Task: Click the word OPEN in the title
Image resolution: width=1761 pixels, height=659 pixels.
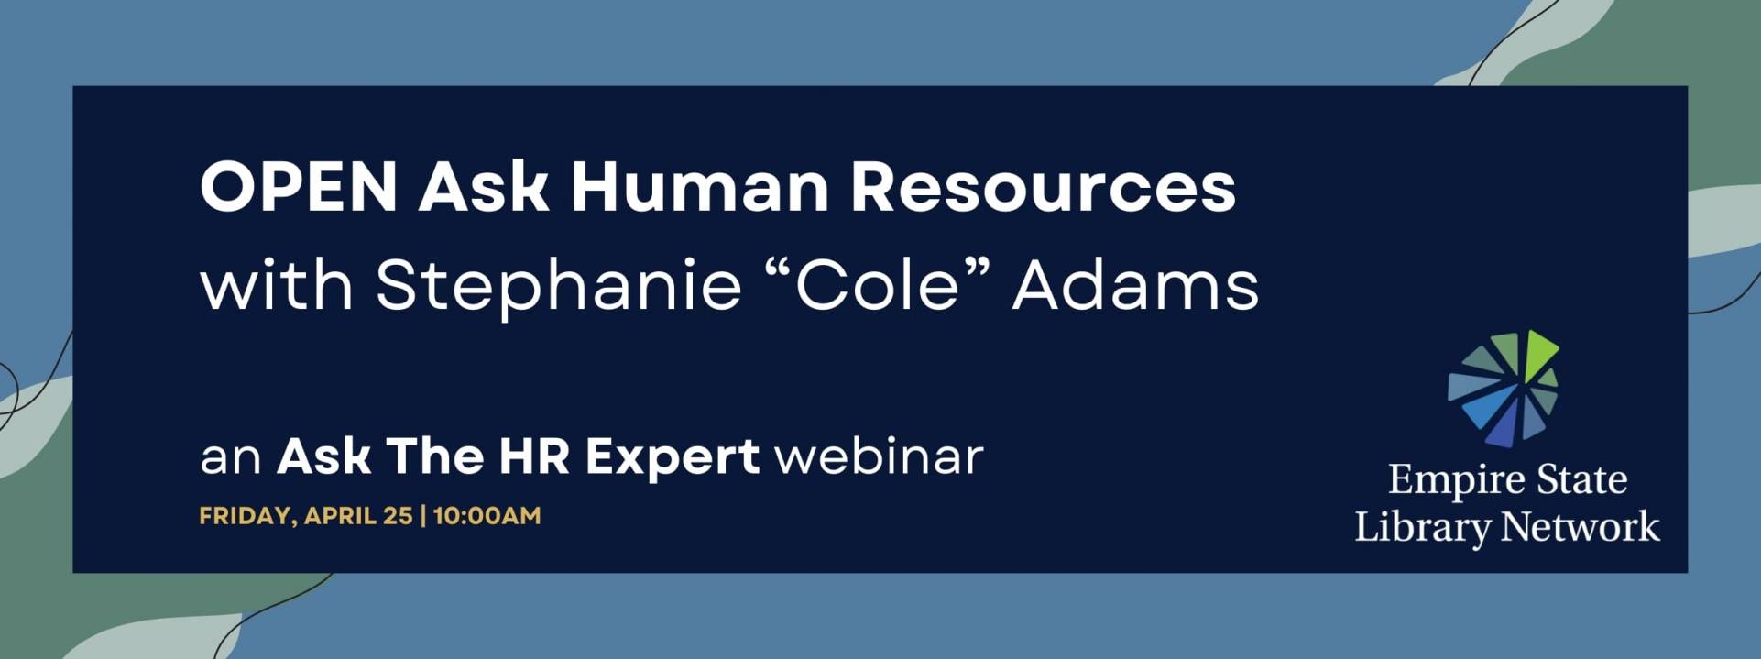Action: [x=299, y=187]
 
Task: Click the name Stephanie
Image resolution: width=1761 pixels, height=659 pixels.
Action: [x=559, y=287]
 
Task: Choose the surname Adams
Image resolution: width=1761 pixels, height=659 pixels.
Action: [x=1136, y=285]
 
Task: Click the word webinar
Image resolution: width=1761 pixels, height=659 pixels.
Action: [x=879, y=456]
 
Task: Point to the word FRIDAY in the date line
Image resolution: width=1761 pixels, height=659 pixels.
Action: [x=245, y=516]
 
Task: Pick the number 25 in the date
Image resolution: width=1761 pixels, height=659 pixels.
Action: [x=398, y=515]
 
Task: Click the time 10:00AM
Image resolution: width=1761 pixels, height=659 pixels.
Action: [x=487, y=515]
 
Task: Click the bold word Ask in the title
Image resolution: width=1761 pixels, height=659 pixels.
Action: [x=484, y=187]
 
